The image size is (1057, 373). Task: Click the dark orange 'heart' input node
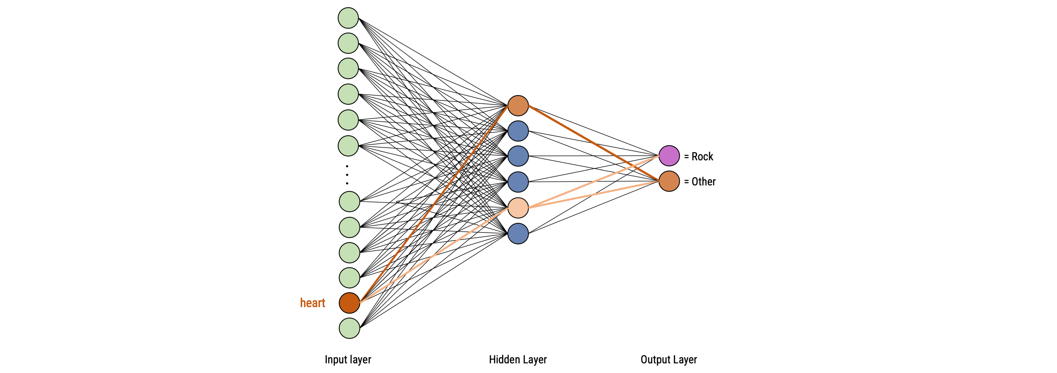[x=349, y=303]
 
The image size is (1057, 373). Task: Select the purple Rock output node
[x=669, y=156]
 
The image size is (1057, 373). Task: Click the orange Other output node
[x=669, y=181]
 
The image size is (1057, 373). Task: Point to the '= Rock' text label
[x=699, y=156]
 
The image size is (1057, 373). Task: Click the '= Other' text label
[x=700, y=182]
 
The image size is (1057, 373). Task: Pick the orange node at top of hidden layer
[x=518, y=106]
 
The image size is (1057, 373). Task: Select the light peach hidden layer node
[x=518, y=208]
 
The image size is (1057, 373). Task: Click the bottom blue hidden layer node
[x=518, y=233]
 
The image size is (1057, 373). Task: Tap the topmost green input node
[x=348, y=18]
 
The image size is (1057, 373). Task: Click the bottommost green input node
[x=349, y=328]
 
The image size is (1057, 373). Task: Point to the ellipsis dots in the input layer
[x=347, y=175]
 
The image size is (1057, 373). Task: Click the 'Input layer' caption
[x=348, y=360]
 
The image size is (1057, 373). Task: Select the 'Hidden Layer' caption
[x=518, y=360]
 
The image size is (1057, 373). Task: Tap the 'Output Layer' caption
[x=669, y=360]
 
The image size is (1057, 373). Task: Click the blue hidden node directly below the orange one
[x=518, y=131]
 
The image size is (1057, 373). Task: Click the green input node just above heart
[x=349, y=278]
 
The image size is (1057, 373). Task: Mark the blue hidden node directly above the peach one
[x=518, y=182]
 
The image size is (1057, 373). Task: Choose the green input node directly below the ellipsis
[x=349, y=201]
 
